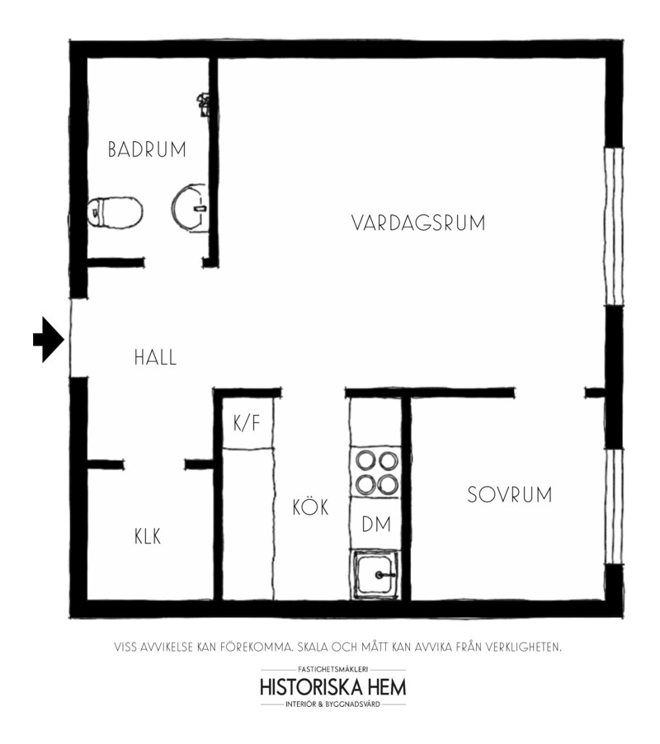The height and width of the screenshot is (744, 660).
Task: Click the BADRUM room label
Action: pos(147,149)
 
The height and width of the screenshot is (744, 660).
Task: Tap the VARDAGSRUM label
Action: pos(418,223)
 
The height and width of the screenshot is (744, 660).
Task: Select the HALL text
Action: pos(156,357)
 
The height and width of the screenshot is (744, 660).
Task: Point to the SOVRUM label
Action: pos(510,495)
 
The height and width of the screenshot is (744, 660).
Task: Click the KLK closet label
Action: pos(148,537)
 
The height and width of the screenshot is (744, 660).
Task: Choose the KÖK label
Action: pos(310,506)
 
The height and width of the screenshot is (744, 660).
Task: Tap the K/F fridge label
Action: pos(247,422)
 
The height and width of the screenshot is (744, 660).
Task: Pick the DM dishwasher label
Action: pos(376,525)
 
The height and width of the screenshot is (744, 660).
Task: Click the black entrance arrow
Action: pos(49,339)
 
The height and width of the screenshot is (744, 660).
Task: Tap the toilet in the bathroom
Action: pos(115,213)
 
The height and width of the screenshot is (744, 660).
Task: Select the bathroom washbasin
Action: pos(189,208)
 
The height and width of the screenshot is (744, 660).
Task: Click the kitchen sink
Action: pos(375,575)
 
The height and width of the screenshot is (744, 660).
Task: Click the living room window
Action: pos(614,226)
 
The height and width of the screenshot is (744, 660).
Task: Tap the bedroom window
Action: pos(614,506)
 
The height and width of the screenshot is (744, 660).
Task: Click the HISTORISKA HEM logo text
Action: pos(333,687)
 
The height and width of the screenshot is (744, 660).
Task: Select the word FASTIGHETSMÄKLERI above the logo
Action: pos(333,670)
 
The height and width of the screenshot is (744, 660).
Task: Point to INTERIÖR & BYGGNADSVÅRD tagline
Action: pos(333,704)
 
